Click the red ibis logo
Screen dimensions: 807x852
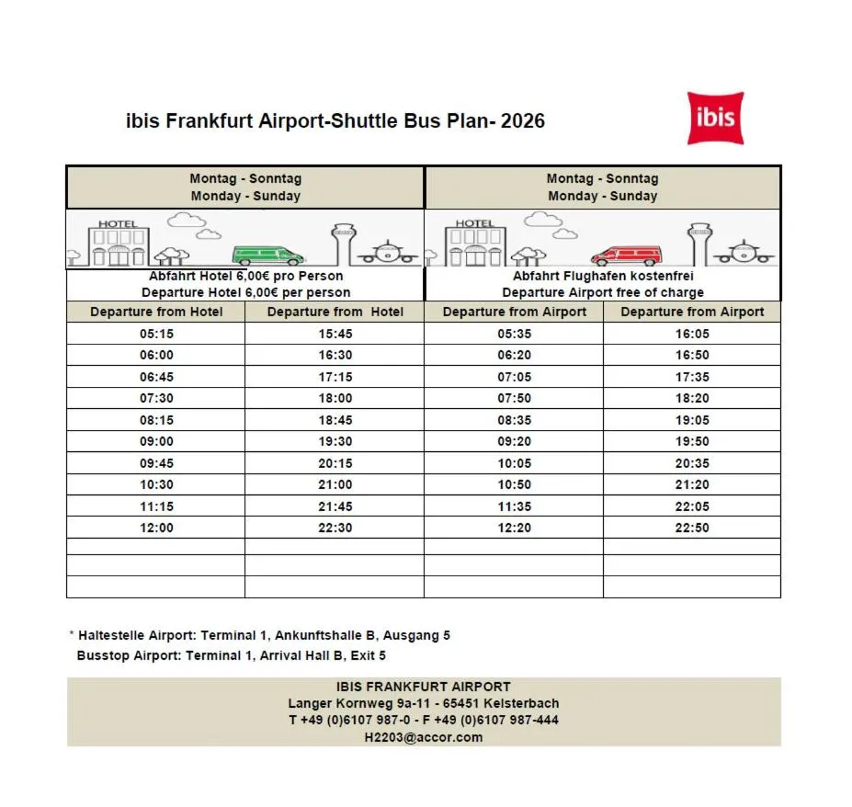point(715,118)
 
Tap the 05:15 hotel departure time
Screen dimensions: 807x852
point(156,334)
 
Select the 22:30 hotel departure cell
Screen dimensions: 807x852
point(335,528)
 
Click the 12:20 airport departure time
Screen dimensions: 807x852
point(514,528)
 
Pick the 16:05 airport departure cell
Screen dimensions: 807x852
point(692,334)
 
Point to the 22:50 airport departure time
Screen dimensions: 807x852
point(692,528)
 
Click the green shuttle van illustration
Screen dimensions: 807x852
point(267,256)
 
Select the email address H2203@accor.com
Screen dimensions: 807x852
point(424,737)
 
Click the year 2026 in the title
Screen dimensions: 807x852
point(523,121)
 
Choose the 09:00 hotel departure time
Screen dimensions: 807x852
point(156,441)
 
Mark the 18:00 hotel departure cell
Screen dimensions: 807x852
point(335,398)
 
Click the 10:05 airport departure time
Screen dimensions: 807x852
point(514,463)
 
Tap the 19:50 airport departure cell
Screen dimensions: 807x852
point(692,441)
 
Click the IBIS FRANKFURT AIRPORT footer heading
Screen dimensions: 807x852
point(424,687)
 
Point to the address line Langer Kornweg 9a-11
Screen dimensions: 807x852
point(354,703)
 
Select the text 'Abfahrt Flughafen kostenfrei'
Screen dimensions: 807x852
point(603,276)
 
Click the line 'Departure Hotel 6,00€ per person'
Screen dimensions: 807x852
point(245,292)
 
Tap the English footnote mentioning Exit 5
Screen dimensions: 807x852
point(231,656)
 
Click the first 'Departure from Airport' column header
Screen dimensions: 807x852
point(514,312)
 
